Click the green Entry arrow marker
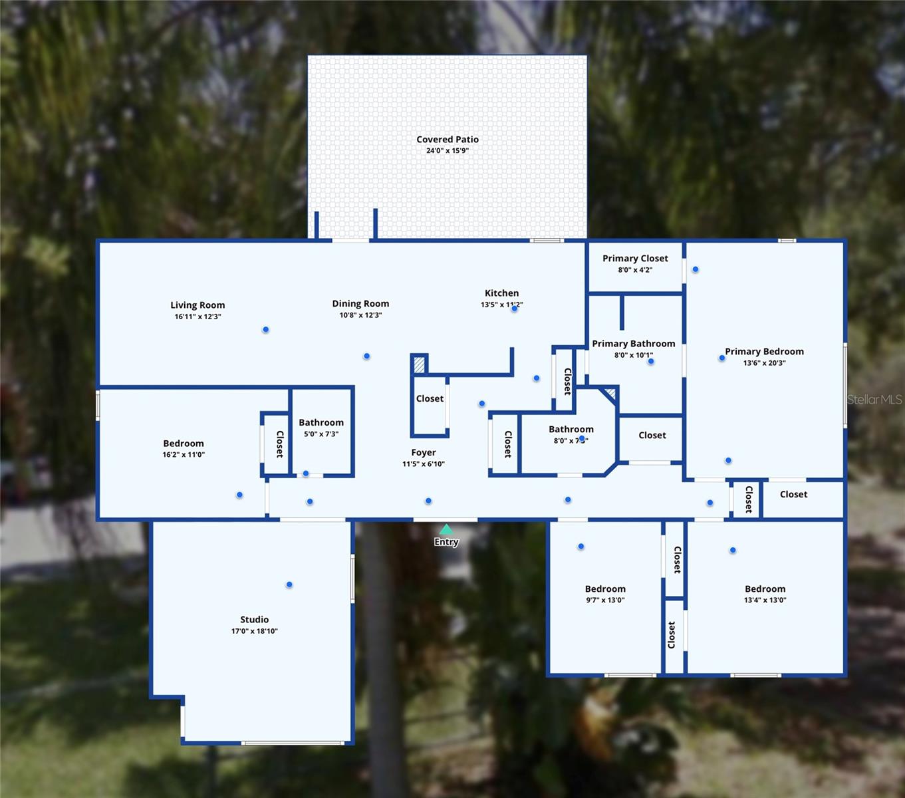(446, 529)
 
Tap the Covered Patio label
(448, 140)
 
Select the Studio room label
(255, 619)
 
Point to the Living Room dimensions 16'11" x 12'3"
(197, 317)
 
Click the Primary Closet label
(635, 258)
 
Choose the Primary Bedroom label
(764, 351)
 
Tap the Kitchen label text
(501, 293)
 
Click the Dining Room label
(360, 303)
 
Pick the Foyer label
(424, 452)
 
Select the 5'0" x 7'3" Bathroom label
(321, 422)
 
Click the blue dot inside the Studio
(289, 585)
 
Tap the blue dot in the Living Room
(265, 330)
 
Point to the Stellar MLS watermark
(874, 400)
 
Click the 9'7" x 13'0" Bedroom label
(605, 589)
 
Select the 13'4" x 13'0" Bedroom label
(765, 589)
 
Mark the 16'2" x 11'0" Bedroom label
(184, 443)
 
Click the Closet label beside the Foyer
(430, 398)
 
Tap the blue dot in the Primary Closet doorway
(696, 269)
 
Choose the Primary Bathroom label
(634, 343)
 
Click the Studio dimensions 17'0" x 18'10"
(255, 631)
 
